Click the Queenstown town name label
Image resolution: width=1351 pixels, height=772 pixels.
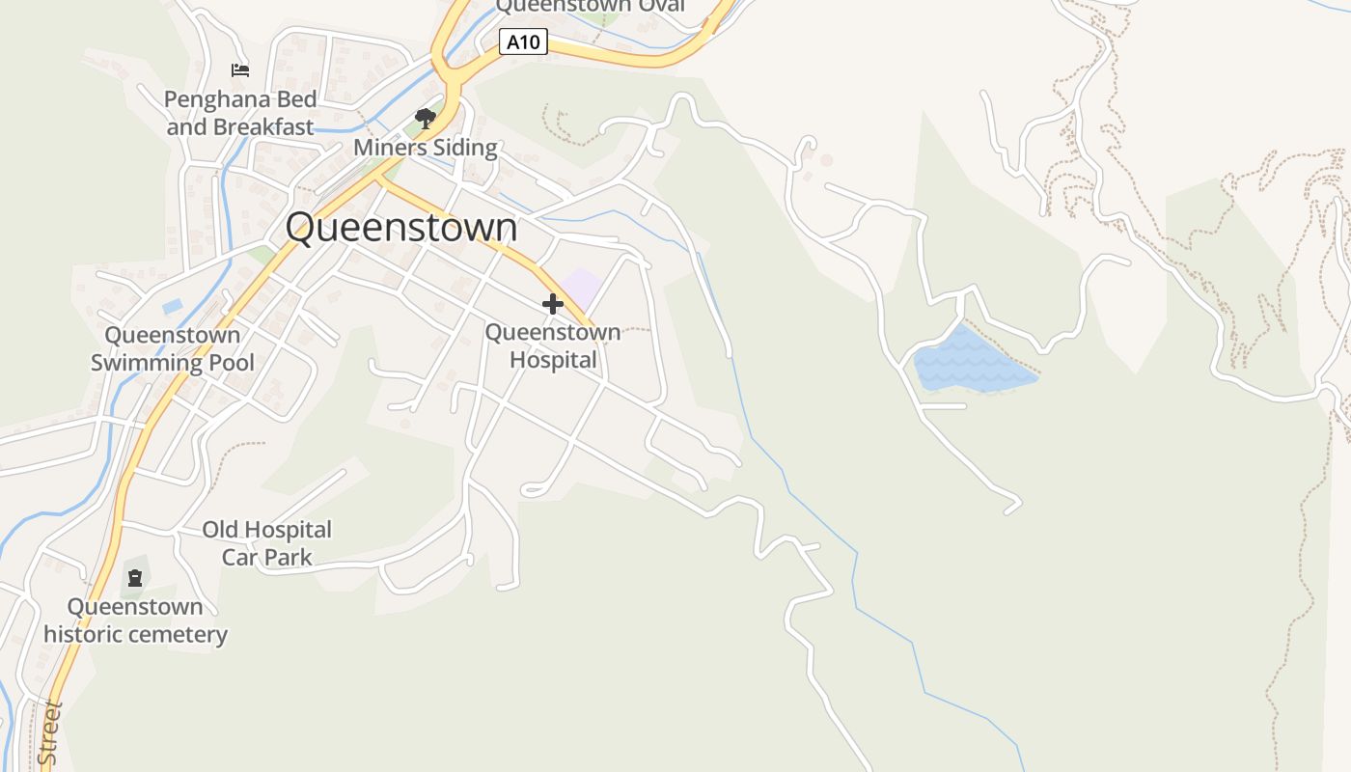click(400, 228)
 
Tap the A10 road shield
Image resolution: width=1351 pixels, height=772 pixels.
click(524, 41)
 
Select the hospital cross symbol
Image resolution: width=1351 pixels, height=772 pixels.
click(552, 304)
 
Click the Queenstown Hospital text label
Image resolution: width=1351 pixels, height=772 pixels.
click(553, 346)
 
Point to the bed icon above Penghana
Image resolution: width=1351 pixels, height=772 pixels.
click(240, 70)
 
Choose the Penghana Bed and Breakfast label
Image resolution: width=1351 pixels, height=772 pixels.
click(240, 113)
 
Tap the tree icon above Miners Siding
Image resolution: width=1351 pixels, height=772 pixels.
click(425, 119)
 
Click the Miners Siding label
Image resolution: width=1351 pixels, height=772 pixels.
click(426, 148)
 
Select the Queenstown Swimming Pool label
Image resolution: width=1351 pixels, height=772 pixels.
click(173, 348)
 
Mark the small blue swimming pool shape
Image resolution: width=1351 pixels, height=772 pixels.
click(173, 306)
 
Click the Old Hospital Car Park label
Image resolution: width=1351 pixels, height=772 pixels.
click(266, 543)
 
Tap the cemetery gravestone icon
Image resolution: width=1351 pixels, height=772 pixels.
click(135, 578)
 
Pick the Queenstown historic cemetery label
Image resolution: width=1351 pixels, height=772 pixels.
click(135, 620)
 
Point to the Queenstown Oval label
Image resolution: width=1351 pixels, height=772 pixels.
click(590, 7)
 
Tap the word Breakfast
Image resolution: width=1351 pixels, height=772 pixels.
click(263, 126)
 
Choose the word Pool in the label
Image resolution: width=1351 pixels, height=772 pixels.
click(229, 363)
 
